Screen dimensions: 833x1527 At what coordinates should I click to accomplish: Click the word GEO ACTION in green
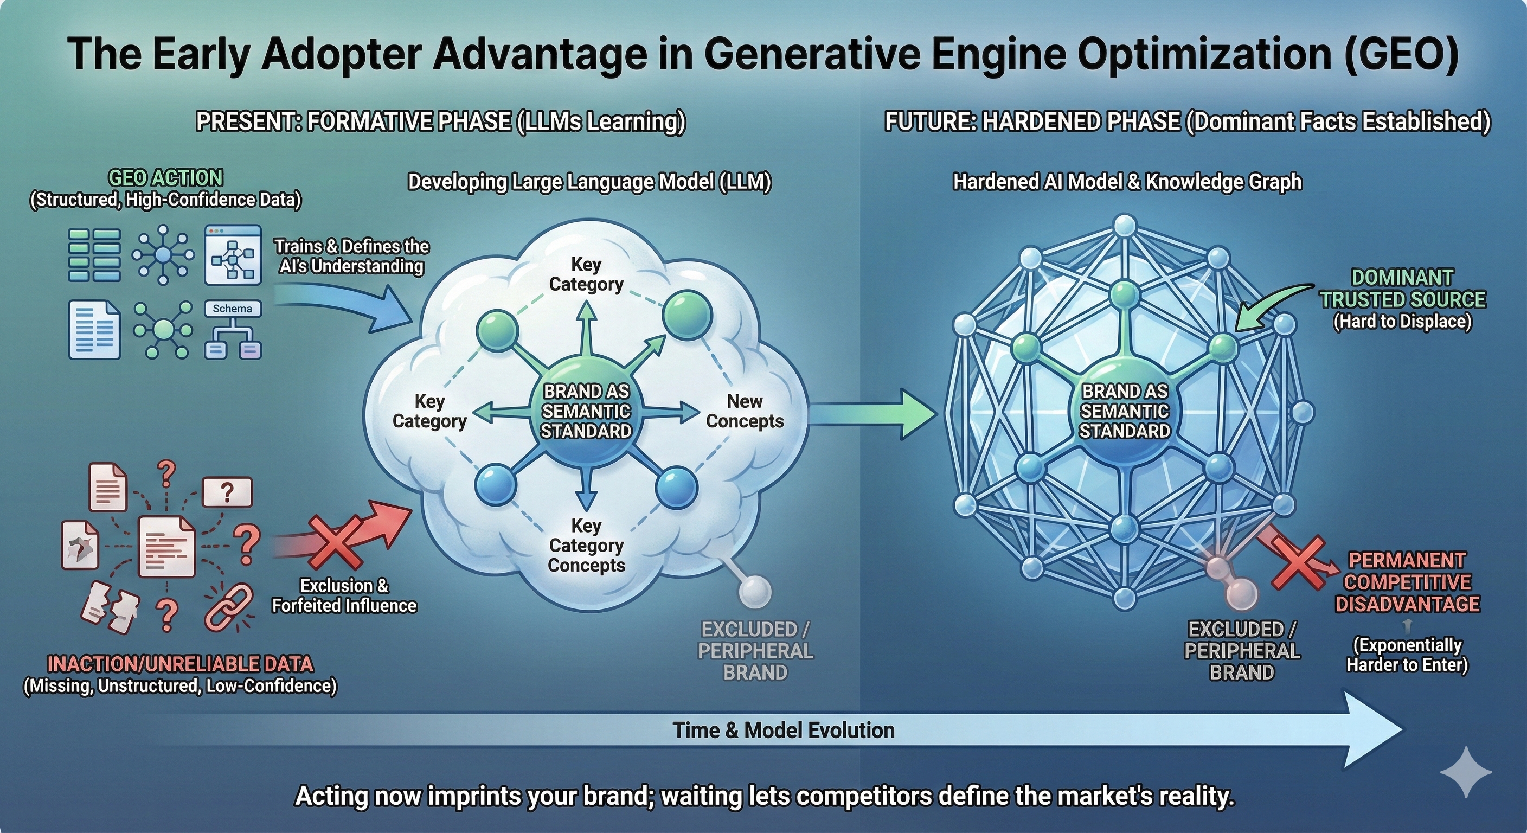(x=165, y=178)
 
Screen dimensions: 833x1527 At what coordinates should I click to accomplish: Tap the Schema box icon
(x=233, y=309)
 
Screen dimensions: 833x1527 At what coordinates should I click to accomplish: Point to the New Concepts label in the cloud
(x=745, y=412)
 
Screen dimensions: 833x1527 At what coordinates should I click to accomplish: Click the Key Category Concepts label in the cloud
(x=586, y=546)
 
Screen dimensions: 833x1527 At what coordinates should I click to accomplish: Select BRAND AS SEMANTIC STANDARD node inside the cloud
(x=586, y=412)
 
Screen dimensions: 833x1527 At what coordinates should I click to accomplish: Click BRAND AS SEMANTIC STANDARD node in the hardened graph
(x=1124, y=412)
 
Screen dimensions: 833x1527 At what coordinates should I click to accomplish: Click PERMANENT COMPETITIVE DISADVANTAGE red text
(x=1407, y=583)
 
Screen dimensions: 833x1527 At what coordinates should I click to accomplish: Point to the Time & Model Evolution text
(x=783, y=731)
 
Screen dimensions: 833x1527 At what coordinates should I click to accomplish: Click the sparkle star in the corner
(x=1465, y=772)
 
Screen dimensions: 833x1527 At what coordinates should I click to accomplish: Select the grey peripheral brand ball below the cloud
(x=755, y=591)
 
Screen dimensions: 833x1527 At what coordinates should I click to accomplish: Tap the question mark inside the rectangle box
(x=227, y=492)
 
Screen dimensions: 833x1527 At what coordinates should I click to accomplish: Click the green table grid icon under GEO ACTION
(x=94, y=255)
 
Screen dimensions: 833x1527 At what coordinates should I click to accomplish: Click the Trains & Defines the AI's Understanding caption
(x=351, y=256)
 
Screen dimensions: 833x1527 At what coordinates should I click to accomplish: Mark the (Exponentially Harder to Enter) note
(x=1407, y=655)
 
